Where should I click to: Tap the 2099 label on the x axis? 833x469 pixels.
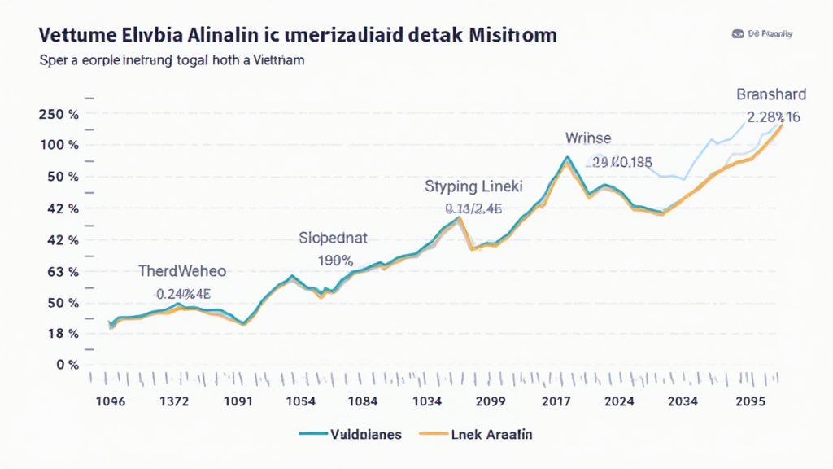tap(491, 401)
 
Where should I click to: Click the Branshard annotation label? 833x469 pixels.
tap(767, 94)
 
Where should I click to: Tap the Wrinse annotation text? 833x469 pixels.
tap(588, 138)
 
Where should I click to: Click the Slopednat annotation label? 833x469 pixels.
tap(334, 239)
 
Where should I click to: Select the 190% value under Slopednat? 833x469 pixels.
tap(334, 261)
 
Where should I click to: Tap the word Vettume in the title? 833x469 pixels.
tap(72, 37)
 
